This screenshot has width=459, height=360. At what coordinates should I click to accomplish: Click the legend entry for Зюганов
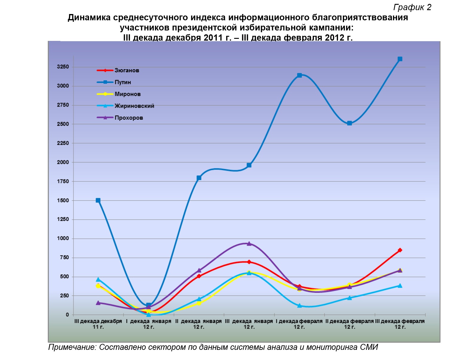point(118,70)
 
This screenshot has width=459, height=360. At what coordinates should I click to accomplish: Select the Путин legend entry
point(114,82)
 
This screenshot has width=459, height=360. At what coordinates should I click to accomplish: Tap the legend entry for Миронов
point(119,94)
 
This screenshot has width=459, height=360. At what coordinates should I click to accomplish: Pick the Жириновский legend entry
point(125,106)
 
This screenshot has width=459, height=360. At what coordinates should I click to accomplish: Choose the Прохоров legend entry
point(120,118)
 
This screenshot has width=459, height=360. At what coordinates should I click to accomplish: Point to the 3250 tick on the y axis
point(63,67)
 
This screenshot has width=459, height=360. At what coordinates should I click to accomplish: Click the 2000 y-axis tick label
point(63,162)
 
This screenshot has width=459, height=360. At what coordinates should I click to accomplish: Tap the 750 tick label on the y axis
point(65,257)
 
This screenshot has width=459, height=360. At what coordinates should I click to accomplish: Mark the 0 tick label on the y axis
point(67,315)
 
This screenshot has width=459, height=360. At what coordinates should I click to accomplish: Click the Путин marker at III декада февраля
point(400,59)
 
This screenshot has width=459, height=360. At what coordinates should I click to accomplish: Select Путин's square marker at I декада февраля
point(299,75)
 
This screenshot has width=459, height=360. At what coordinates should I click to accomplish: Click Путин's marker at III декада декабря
point(98,200)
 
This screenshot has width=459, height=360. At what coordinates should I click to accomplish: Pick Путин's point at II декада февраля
point(350,123)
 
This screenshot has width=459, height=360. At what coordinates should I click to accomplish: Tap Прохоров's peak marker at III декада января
point(249,244)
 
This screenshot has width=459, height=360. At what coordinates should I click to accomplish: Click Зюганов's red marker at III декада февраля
point(400,250)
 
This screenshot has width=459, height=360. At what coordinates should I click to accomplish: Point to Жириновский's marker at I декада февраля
point(299,306)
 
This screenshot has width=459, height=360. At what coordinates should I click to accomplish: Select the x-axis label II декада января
point(199,324)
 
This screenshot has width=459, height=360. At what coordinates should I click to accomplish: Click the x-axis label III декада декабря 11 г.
point(98,324)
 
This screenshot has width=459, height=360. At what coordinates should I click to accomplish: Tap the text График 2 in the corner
point(412,7)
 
